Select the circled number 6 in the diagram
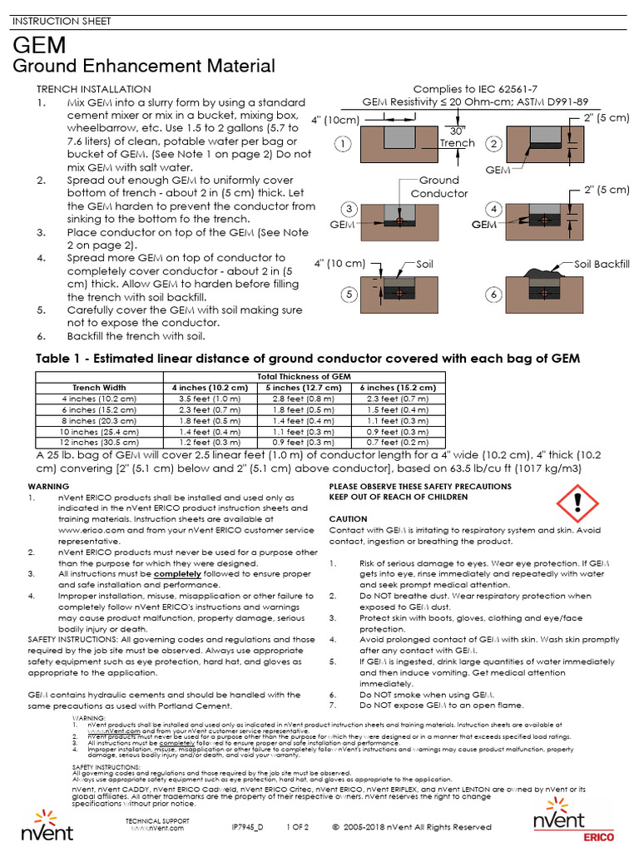tap(494, 295)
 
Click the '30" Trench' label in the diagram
tap(457, 136)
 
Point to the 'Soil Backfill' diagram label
tap(602, 264)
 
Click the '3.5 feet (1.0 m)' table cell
tap(209, 399)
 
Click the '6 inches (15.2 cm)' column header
tap(397, 388)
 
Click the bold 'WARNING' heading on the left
tap(49, 485)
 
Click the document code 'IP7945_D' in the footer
tap(247, 827)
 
